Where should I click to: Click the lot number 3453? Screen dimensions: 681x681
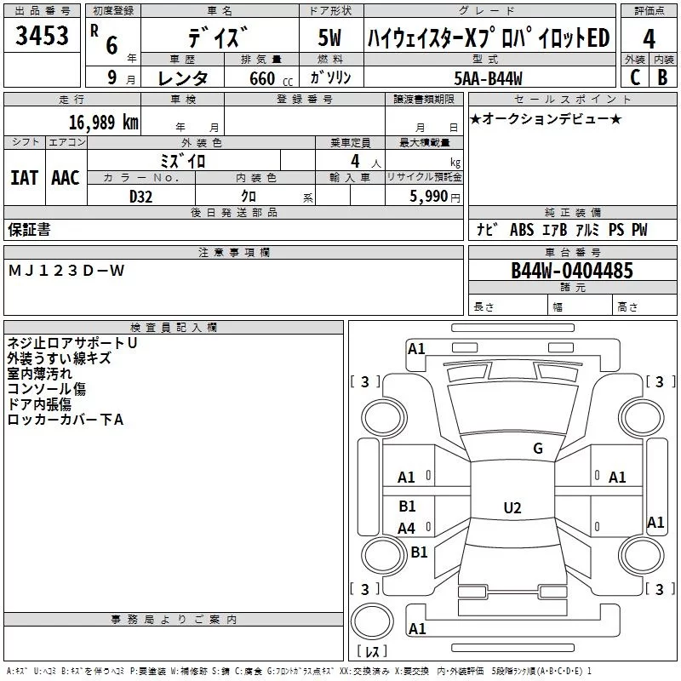[42, 36]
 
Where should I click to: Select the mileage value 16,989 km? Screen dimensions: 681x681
[104, 123]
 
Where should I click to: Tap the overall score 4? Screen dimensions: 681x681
[649, 39]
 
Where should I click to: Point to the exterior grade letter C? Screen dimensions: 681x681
[635, 77]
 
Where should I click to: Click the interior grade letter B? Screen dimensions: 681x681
[663, 77]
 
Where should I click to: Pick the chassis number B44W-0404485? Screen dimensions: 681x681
[572, 271]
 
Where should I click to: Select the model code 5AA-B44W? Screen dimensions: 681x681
[488, 78]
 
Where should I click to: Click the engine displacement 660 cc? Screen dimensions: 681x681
[272, 78]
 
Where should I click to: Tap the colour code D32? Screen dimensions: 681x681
[141, 197]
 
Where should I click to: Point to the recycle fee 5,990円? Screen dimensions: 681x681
[435, 197]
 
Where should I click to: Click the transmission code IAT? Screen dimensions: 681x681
[25, 178]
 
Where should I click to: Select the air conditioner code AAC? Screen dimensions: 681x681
[66, 178]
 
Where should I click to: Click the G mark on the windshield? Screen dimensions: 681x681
[538, 448]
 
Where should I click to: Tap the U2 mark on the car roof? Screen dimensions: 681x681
[512, 507]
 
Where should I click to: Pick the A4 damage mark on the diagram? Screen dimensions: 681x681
[407, 528]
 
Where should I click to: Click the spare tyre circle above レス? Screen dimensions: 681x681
[372, 621]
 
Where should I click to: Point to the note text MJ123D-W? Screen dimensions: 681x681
[66, 271]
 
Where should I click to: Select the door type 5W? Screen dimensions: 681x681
[329, 37]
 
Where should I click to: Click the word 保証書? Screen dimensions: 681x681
[29, 229]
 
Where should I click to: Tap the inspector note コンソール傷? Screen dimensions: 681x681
[47, 389]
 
